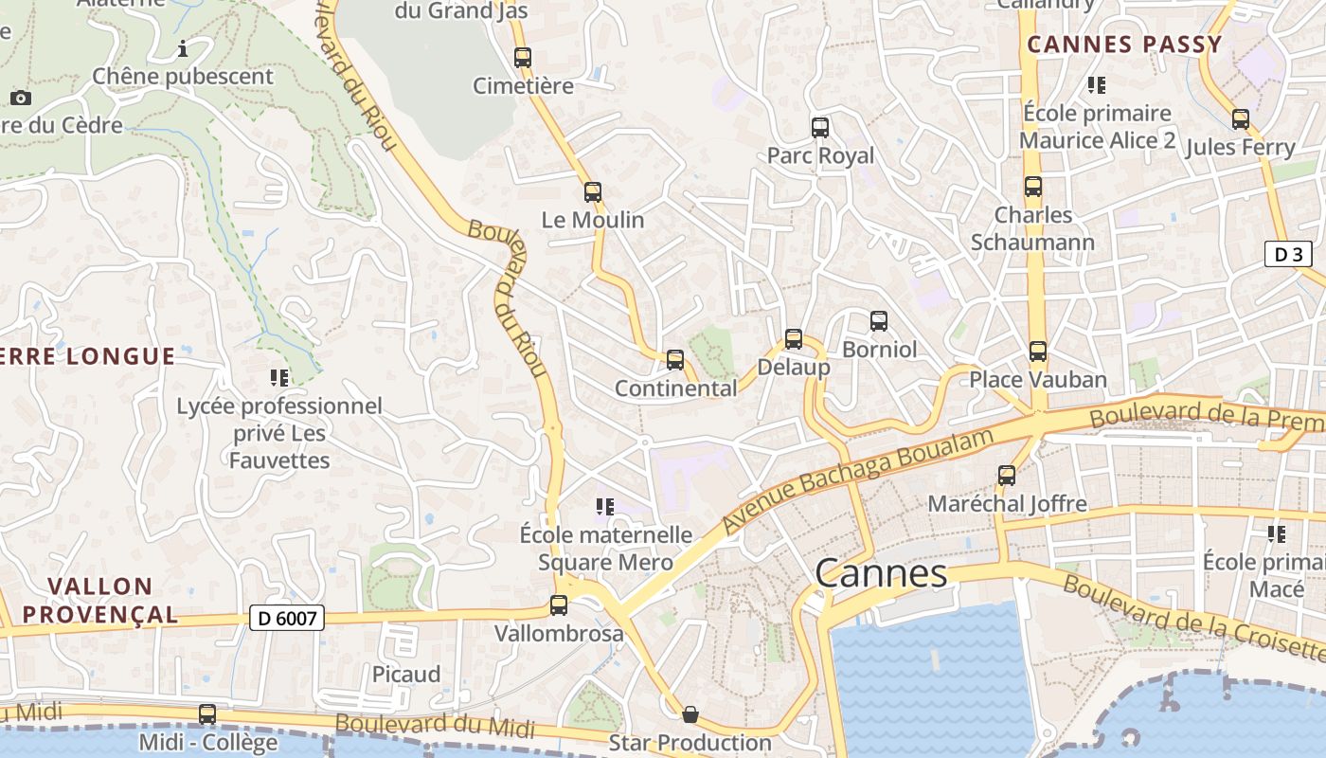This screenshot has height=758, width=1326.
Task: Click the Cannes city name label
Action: tap(881, 573)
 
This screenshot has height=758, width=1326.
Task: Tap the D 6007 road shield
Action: tap(287, 619)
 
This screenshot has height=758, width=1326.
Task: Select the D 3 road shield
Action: tap(1287, 254)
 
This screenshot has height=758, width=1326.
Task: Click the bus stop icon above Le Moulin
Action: tap(593, 192)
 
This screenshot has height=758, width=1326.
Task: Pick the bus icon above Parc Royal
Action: tap(820, 127)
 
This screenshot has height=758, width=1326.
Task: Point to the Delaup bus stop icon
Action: tap(794, 339)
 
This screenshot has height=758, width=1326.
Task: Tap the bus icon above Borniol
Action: tap(879, 321)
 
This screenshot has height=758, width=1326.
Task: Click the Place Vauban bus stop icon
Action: tap(1038, 352)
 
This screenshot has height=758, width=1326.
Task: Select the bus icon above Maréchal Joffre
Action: tap(1007, 476)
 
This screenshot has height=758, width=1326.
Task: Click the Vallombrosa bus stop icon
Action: tap(559, 605)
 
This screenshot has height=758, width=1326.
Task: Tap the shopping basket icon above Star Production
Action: tap(690, 713)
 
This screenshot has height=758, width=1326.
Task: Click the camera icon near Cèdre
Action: tap(20, 98)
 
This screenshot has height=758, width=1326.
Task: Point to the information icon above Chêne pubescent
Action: tap(183, 48)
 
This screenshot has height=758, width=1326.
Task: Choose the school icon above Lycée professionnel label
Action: tap(279, 378)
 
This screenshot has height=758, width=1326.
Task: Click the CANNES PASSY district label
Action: tap(1124, 45)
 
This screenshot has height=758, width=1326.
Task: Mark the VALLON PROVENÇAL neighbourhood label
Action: tap(99, 600)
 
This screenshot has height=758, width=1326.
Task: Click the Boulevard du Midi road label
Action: tap(435, 725)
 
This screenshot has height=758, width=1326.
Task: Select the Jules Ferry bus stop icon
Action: tap(1241, 119)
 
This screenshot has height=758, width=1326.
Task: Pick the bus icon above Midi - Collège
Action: tap(207, 714)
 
